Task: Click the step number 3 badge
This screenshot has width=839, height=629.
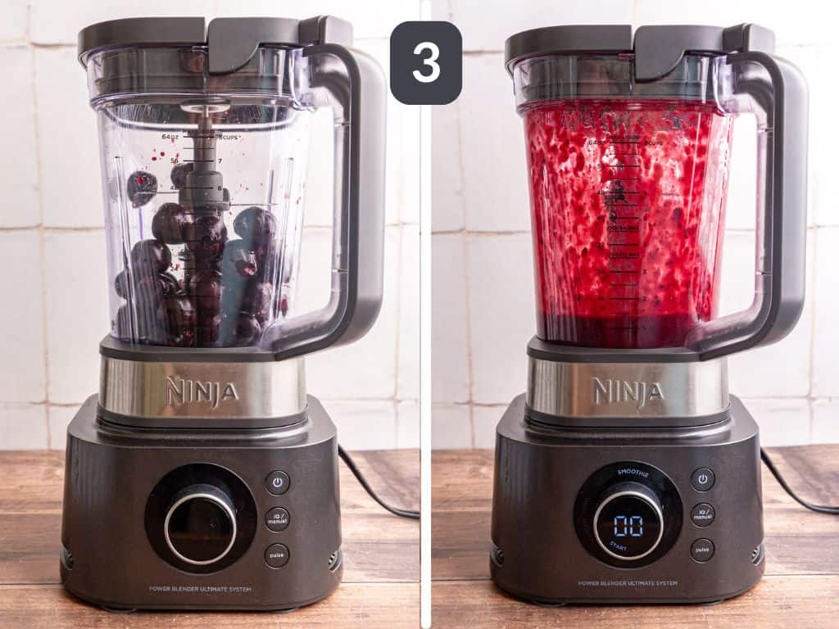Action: coord(425,62)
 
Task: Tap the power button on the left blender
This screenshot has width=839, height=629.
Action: coord(277,482)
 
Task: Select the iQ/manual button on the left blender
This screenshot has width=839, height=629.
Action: coord(277,518)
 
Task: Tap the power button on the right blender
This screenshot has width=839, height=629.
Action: coord(702,479)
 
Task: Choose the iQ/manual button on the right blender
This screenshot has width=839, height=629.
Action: coord(702,514)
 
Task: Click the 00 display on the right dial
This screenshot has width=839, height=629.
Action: coord(628,525)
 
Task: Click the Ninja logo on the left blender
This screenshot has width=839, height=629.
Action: coord(202,391)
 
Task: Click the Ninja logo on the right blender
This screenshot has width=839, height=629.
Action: coord(628,391)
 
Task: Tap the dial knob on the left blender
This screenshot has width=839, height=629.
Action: coord(201,523)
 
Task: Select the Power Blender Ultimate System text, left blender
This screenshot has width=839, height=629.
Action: coord(201,589)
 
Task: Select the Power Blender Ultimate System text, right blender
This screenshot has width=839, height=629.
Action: coord(628,583)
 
